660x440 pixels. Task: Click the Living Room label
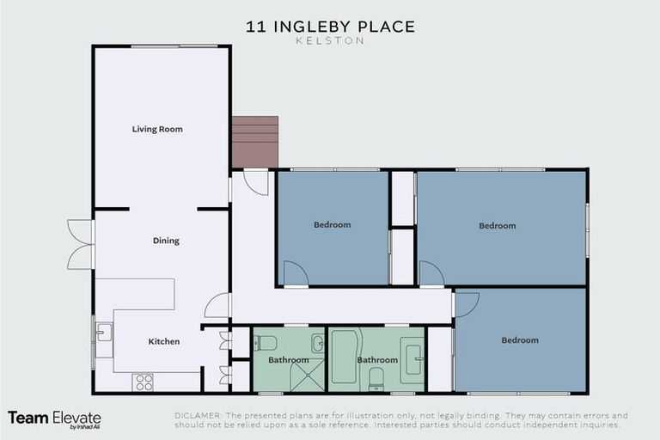157,129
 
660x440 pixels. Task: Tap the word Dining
166,241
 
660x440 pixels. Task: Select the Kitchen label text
164,341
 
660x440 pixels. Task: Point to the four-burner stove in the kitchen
144,382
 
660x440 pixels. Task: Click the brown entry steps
255,142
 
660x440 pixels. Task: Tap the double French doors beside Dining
80,245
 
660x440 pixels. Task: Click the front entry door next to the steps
255,181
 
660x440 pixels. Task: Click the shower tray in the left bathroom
305,376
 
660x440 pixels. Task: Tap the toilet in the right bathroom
376,379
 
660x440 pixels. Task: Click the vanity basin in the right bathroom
412,355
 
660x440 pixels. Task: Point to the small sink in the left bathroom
317,344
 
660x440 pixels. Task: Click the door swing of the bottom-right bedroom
466,303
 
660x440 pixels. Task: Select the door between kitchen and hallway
218,306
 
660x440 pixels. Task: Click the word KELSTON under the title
330,40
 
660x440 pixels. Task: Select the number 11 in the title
255,26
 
